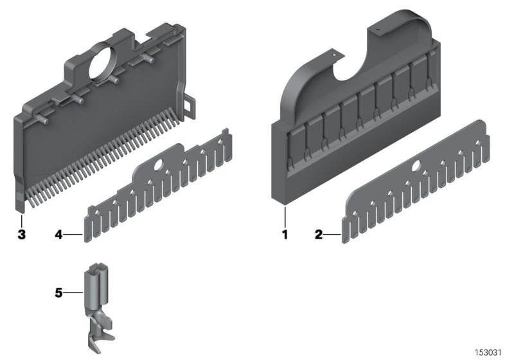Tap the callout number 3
click(x=21, y=235)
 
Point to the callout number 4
click(x=58, y=235)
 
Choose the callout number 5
click(x=58, y=293)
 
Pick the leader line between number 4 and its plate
click(x=73, y=235)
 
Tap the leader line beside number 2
click(x=333, y=235)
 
